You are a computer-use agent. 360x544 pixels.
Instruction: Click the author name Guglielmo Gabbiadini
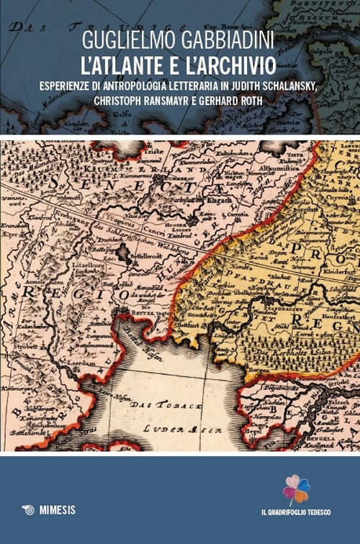[179, 41]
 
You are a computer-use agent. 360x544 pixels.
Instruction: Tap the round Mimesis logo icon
[28, 509]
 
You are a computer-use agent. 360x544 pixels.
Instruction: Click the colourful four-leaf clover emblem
[296, 489]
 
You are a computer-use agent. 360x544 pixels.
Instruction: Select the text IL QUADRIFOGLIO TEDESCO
[296, 511]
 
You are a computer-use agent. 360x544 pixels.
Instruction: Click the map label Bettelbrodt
[146, 255]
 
